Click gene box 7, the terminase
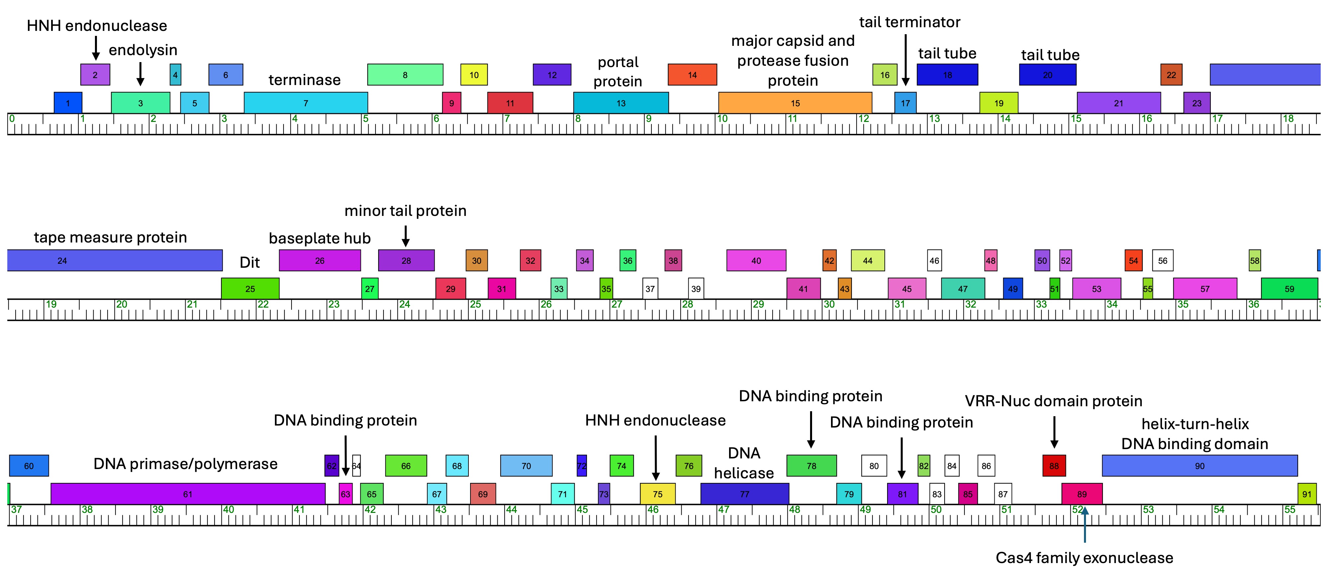(306, 103)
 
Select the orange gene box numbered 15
(795, 103)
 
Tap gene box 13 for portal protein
(621, 103)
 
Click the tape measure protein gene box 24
(115, 260)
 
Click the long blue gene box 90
(1200, 466)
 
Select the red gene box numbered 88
(1054, 466)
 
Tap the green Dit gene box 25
(250, 289)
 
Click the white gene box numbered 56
(1163, 260)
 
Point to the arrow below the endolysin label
(140, 74)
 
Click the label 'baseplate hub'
(320, 238)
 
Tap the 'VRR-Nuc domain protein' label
(1053, 401)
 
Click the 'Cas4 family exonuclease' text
(1084, 558)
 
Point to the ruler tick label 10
(722, 119)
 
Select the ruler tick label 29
(758, 304)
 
